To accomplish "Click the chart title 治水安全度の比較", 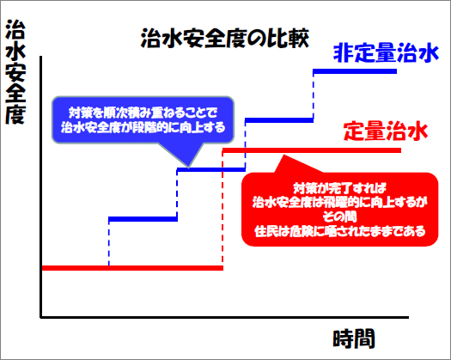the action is point(225,39).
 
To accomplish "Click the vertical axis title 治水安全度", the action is point(15,72).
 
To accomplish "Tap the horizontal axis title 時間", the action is point(354,339).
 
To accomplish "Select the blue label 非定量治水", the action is point(386,53).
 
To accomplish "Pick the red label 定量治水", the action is point(386,131).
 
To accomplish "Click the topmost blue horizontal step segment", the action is point(355,71).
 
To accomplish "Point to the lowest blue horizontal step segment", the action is point(143,219).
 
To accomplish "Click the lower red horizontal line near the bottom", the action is point(132,268).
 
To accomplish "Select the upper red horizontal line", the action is point(312,150).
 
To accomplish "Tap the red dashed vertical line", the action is point(222,209).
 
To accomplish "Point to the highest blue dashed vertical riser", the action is point(314,96).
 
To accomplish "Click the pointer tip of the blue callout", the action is point(189,167).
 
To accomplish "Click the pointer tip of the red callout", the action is point(283,156).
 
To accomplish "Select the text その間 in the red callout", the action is point(339,217).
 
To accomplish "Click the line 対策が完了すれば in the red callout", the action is point(339,188).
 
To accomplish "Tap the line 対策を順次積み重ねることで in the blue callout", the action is point(143,113).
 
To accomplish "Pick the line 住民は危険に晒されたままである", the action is point(339,231).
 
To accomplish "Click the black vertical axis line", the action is point(41,187).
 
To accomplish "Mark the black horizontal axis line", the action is point(224,318).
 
